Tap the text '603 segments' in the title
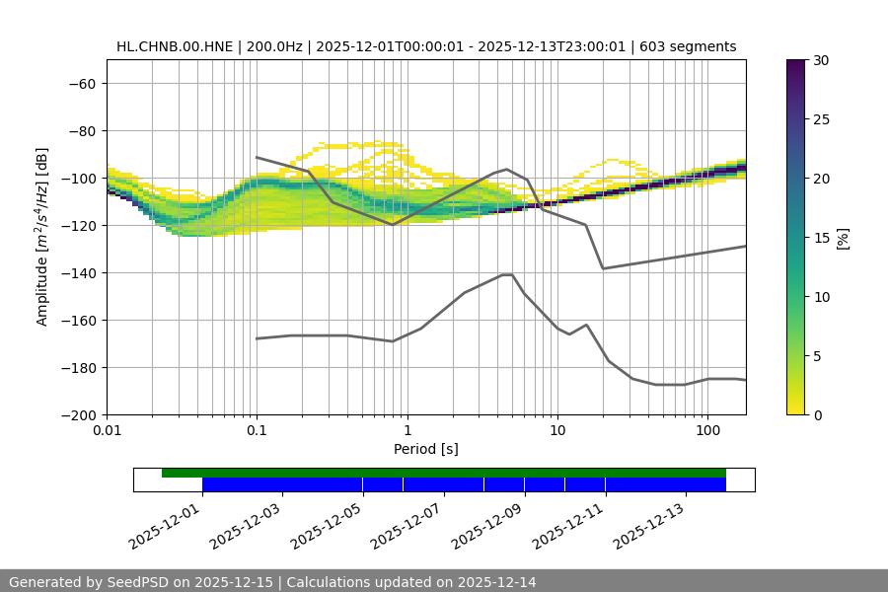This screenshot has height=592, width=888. pyautogui.click(x=695, y=46)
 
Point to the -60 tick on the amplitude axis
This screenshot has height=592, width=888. pyautogui.click(x=81, y=83)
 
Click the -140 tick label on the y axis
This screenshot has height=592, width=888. pyautogui.click(x=77, y=272)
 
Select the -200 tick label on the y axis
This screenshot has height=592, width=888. pyautogui.click(x=77, y=414)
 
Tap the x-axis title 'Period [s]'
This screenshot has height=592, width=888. pyautogui.click(x=426, y=449)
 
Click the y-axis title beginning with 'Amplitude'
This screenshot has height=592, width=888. pyautogui.click(x=42, y=237)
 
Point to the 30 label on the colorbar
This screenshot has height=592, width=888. pyautogui.click(x=821, y=60)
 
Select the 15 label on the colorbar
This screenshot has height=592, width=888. pyautogui.click(x=821, y=238)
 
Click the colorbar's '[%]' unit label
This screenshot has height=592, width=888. pyautogui.click(x=843, y=238)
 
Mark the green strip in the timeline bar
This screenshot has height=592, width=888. pyautogui.click(x=444, y=473)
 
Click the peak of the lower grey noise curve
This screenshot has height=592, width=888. pyautogui.click(x=507, y=274)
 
